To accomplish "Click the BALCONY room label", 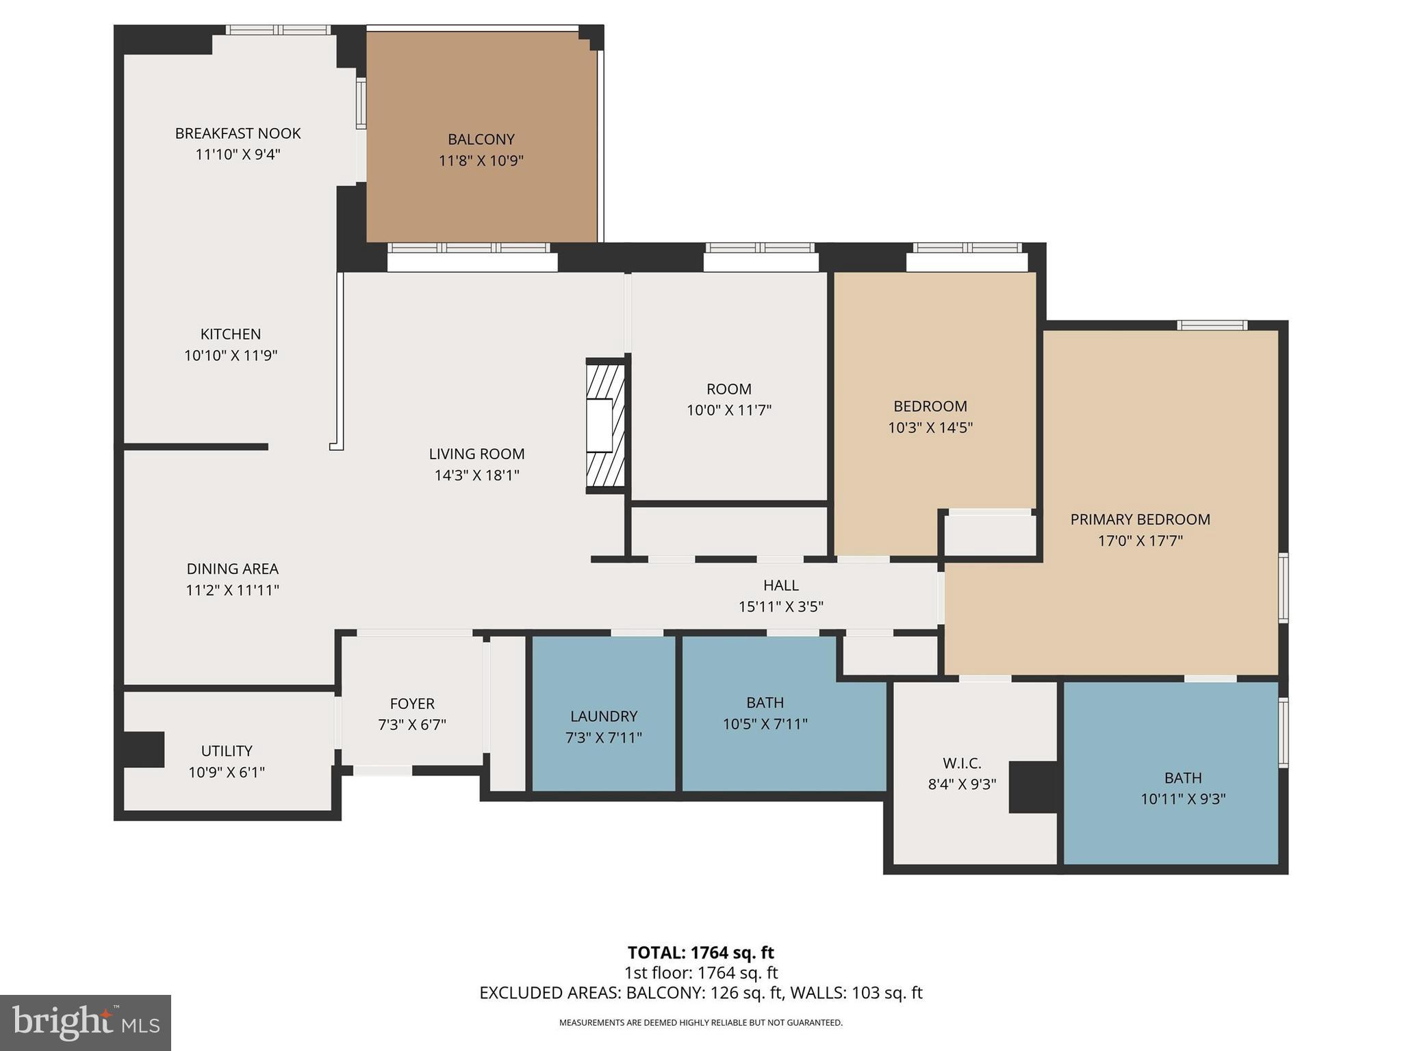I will coord(481,140).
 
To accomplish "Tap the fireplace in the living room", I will coord(605,425).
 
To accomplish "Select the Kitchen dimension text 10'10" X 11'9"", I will coord(230,356).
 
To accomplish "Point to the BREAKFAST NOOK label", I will coord(238,133).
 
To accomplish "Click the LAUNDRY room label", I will coord(603,716).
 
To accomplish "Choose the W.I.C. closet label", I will coord(961,763).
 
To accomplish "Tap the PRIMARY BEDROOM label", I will coord(1140,519).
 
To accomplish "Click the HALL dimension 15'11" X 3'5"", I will coord(780,607).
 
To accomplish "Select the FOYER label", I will coord(411,703).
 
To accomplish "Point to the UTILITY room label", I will coord(227,751).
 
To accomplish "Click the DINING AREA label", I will coord(232,569).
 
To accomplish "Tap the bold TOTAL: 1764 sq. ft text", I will coord(700,952).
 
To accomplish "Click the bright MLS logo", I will coord(86,1022).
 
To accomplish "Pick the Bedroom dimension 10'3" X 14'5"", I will coord(930,428).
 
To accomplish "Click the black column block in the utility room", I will coord(144,749).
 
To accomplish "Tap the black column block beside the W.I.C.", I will coord(1034,787).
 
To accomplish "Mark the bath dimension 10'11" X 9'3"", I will coord(1182,799).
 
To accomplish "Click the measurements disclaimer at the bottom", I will coord(700,1023).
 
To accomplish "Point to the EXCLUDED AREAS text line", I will coord(700,993).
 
